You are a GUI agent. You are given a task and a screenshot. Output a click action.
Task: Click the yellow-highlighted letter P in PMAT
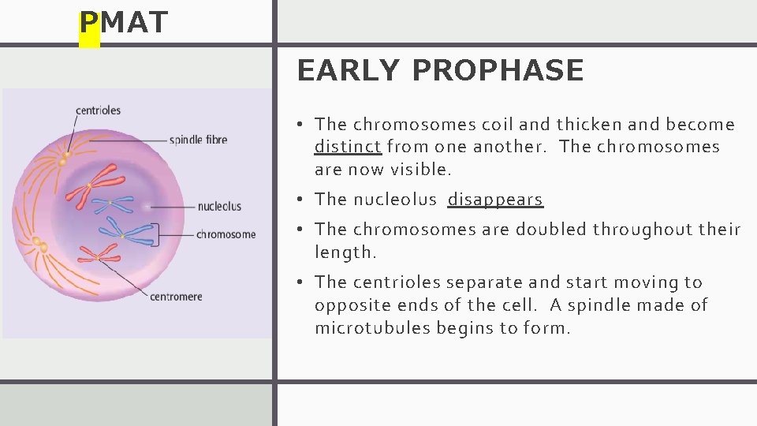pos(89,24)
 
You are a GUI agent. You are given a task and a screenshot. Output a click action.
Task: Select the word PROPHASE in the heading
pos(498,71)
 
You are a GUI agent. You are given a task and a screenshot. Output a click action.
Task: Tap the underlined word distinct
pos(348,147)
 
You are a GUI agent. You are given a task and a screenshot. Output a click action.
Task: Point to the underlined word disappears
pos(495,200)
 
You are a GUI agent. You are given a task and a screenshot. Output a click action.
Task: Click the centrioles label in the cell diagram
pos(99,110)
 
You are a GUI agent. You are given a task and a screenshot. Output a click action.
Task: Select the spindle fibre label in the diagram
pos(199,140)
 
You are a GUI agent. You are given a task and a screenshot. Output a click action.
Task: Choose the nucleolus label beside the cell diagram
pos(219,207)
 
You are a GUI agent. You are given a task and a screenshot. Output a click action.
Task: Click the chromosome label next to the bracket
pos(226,234)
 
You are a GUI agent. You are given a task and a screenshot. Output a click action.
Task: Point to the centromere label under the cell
pos(177,297)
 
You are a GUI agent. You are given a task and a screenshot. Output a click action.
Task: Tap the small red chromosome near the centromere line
pos(98,254)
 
